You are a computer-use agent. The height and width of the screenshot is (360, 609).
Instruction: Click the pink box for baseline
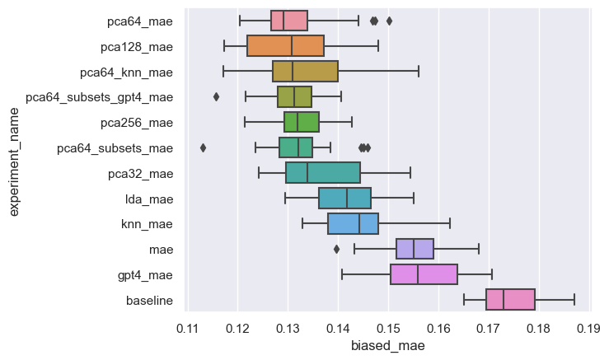(x=511, y=300)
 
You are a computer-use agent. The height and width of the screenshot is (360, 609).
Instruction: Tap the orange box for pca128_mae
(x=285, y=46)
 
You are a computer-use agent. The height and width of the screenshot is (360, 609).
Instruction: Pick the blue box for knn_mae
(x=353, y=224)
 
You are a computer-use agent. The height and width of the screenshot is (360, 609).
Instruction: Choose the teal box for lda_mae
(x=344, y=199)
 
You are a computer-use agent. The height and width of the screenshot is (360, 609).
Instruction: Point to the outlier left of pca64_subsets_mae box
(x=203, y=147)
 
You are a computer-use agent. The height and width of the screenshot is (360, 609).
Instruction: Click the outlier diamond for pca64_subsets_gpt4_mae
(x=216, y=97)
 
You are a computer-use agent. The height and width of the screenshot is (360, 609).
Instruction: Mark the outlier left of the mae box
(x=336, y=249)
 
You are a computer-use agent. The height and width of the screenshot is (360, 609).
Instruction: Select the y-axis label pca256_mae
(x=141, y=123)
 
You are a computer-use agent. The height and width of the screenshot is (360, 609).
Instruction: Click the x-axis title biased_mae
(x=387, y=346)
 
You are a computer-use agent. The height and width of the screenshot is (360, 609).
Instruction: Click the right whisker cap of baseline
(x=574, y=300)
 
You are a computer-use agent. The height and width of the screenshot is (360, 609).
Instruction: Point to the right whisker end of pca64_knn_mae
(x=419, y=72)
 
